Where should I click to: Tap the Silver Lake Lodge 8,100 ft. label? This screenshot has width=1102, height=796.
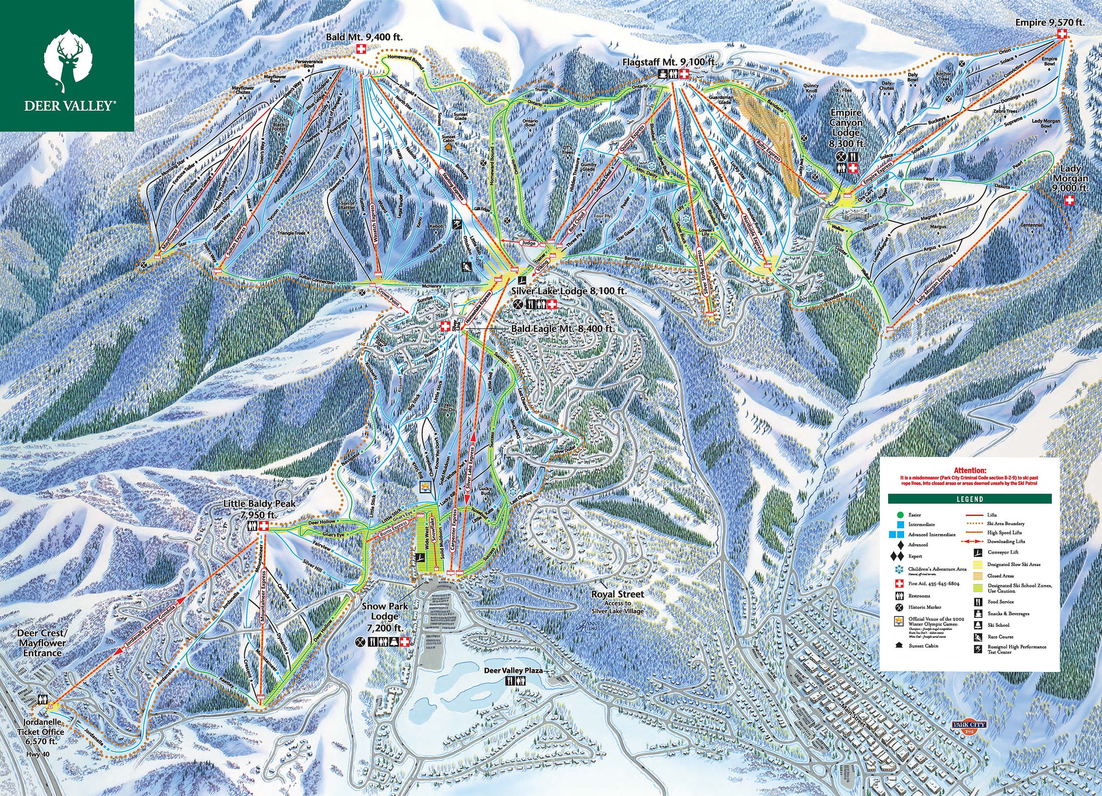click(x=569, y=291)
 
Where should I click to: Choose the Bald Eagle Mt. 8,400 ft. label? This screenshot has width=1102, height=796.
click(x=562, y=329)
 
